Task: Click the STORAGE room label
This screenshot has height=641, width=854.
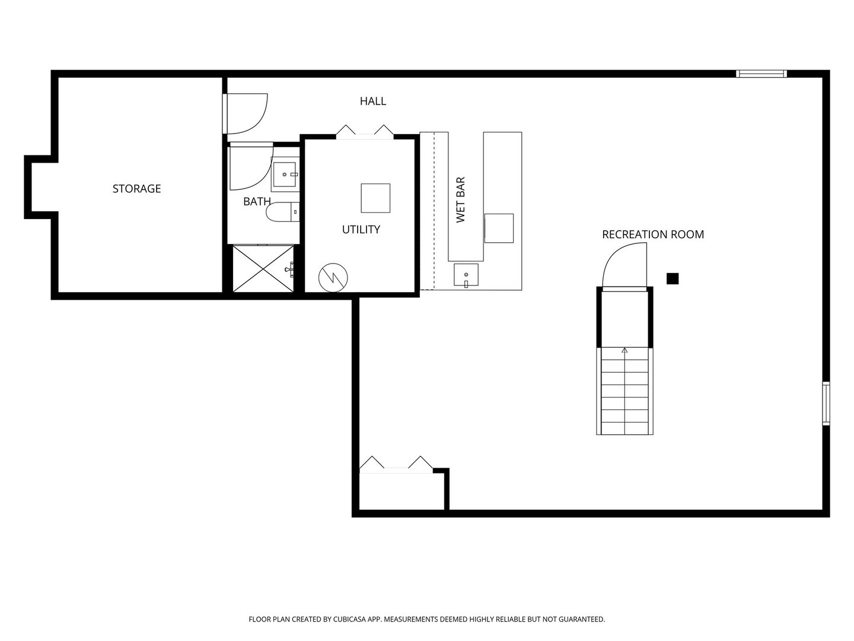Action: tap(136, 189)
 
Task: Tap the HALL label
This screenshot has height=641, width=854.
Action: tap(372, 101)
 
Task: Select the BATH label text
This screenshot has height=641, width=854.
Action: tap(257, 202)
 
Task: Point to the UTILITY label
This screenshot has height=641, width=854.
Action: tap(361, 230)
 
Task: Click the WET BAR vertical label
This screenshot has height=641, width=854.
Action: tap(461, 199)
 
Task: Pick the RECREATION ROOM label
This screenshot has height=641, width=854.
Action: tap(652, 234)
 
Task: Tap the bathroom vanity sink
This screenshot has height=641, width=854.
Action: tap(285, 174)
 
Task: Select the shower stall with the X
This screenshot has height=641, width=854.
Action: tap(263, 269)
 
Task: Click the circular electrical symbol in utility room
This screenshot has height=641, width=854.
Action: tap(333, 277)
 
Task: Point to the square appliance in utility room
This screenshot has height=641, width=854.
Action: tap(375, 198)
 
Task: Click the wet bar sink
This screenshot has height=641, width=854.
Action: tap(466, 275)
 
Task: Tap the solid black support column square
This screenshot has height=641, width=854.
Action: tap(672, 278)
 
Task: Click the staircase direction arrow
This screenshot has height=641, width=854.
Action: tap(624, 351)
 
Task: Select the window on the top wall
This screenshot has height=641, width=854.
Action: tap(761, 74)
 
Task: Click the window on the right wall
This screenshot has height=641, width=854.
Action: tap(826, 404)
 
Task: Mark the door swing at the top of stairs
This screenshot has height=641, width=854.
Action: tap(623, 267)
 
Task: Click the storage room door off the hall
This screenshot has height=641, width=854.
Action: tap(246, 113)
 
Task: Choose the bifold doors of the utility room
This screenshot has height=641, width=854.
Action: tap(365, 132)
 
